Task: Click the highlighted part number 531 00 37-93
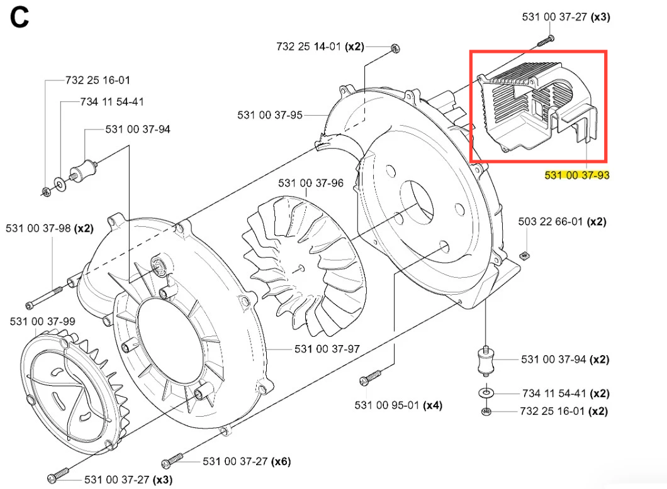[x=576, y=175]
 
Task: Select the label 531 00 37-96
[x=311, y=183]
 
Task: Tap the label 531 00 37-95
[x=270, y=115]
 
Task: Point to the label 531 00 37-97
[x=327, y=349]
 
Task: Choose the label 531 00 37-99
[x=42, y=321]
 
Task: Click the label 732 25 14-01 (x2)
[x=320, y=47]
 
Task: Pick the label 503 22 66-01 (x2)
[x=562, y=222]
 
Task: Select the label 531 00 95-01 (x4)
[x=398, y=405]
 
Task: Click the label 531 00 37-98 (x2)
[x=50, y=228]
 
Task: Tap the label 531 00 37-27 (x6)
[x=247, y=462]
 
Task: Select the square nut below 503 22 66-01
[x=524, y=254]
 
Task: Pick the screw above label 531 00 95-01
[x=371, y=378]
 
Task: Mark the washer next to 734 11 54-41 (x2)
[x=486, y=393]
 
